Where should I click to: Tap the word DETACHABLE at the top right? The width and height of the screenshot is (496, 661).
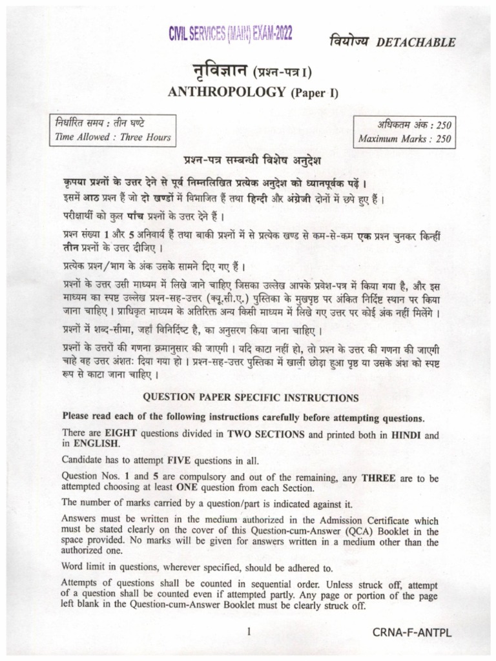415,43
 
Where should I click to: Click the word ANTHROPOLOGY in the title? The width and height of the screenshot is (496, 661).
226,92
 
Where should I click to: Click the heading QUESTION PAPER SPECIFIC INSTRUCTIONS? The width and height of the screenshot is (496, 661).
251,398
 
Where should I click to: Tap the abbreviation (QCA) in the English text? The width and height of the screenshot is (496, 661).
350,531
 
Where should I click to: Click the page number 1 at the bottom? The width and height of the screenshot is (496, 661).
249,633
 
